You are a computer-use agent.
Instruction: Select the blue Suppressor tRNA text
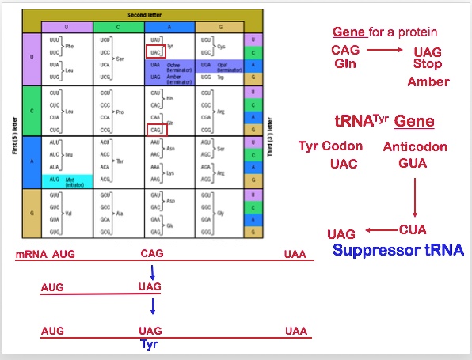click(398, 251)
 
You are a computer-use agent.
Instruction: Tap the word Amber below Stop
click(428, 81)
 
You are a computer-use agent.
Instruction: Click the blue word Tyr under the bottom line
click(150, 344)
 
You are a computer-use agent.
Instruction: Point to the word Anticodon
click(415, 146)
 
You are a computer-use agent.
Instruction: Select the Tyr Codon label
click(331, 146)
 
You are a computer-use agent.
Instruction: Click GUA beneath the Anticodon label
click(414, 164)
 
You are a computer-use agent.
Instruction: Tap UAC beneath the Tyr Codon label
click(344, 164)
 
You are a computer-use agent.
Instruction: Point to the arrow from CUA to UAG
click(379, 230)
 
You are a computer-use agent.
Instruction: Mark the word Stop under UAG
click(428, 64)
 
